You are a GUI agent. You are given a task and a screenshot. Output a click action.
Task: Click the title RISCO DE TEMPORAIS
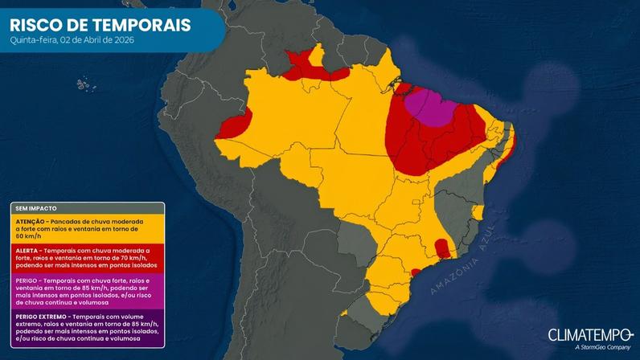(x=101, y=25)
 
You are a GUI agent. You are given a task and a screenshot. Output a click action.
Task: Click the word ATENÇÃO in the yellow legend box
(x=32, y=221)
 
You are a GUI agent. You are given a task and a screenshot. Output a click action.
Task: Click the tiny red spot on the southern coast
(x=416, y=272)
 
